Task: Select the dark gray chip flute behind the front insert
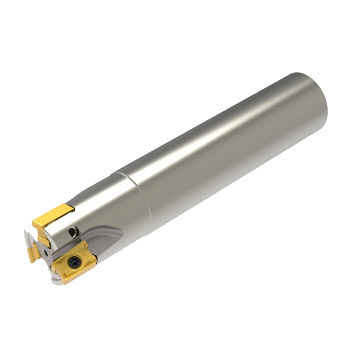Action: (106, 238)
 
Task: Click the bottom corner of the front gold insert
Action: (63, 283)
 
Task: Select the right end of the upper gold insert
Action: (72, 208)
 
